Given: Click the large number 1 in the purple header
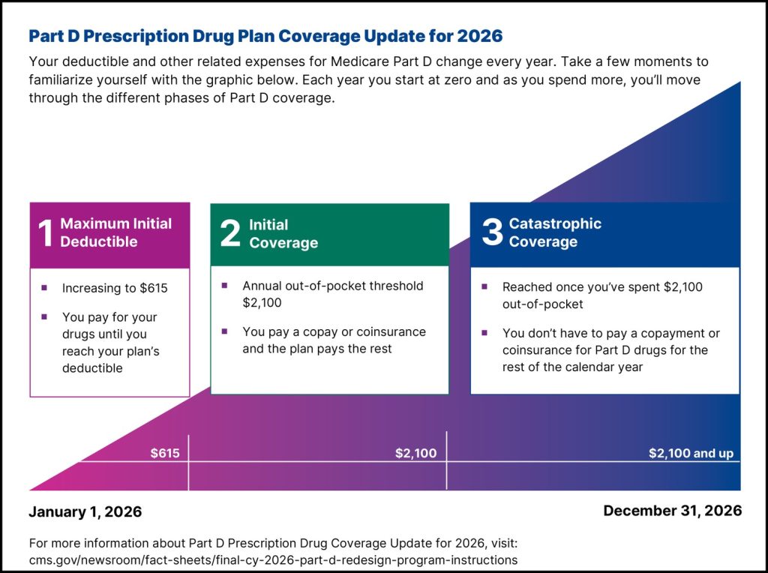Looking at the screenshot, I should pyautogui.click(x=45, y=233).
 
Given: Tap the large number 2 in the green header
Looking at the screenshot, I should pyautogui.click(x=230, y=234).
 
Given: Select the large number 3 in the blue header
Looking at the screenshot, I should pyautogui.click(x=492, y=232).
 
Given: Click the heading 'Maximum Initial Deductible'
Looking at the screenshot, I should pyautogui.click(x=115, y=232).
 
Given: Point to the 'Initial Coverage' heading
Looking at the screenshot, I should pyautogui.click(x=283, y=234).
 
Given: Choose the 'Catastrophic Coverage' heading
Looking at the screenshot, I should pyautogui.click(x=555, y=232).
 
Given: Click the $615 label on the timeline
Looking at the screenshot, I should pyautogui.click(x=165, y=453).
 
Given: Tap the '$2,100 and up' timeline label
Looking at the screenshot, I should pyautogui.click(x=691, y=453).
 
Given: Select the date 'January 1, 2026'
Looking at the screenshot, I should pyautogui.click(x=85, y=512).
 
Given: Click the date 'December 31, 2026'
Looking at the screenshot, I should pyautogui.click(x=672, y=511).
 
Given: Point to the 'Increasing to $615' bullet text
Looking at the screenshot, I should pyautogui.click(x=115, y=288).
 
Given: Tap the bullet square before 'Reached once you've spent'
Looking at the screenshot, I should pyautogui.click(x=484, y=286).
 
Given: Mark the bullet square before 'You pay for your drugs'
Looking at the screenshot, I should pyautogui.click(x=44, y=317).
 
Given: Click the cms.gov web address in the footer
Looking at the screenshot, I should pyautogui.click(x=273, y=559).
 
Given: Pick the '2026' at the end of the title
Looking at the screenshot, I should pyautogui.click(x=477, y=36).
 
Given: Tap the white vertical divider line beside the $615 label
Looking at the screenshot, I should pyautogui.click(x=188, y=461).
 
